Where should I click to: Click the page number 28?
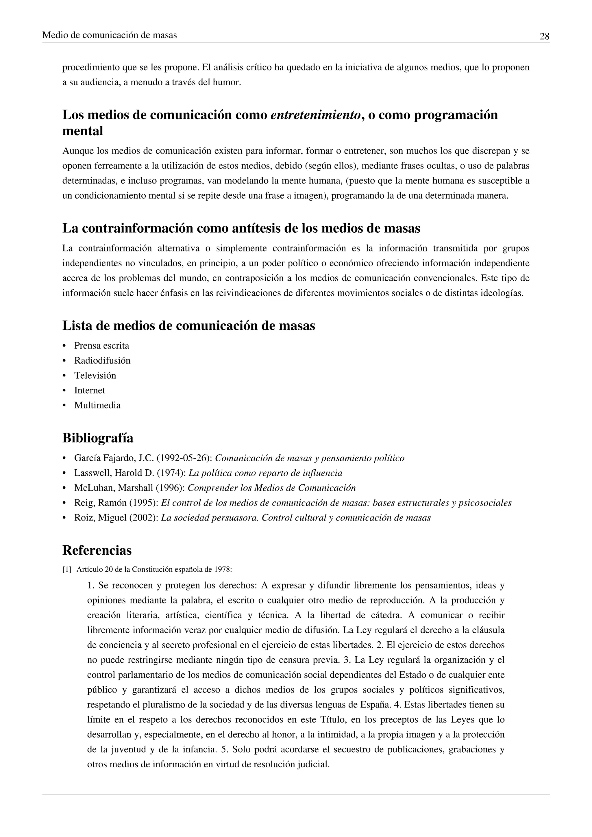544,36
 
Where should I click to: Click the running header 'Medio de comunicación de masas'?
109,35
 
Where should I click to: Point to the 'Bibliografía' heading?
98,438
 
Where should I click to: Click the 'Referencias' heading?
97,550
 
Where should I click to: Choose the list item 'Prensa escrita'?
102,346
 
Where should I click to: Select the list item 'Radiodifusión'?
102,360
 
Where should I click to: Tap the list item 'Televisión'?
95,375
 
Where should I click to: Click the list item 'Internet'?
90,390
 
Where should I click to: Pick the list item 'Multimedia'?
97,405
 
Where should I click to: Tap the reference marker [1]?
67,569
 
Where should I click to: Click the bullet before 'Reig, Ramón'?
64,503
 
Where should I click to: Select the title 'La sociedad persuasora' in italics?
210,518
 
